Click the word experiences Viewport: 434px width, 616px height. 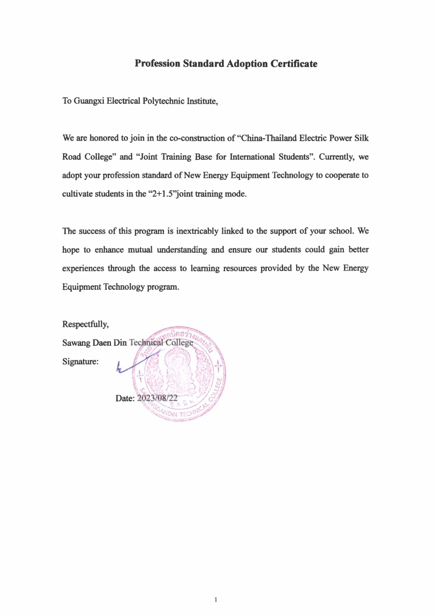(x=85, y=268)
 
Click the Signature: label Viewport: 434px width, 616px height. (x=80, y=362)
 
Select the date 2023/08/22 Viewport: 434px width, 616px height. (x=159, y=398)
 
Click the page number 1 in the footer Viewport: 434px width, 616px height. (x=215, y=599)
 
